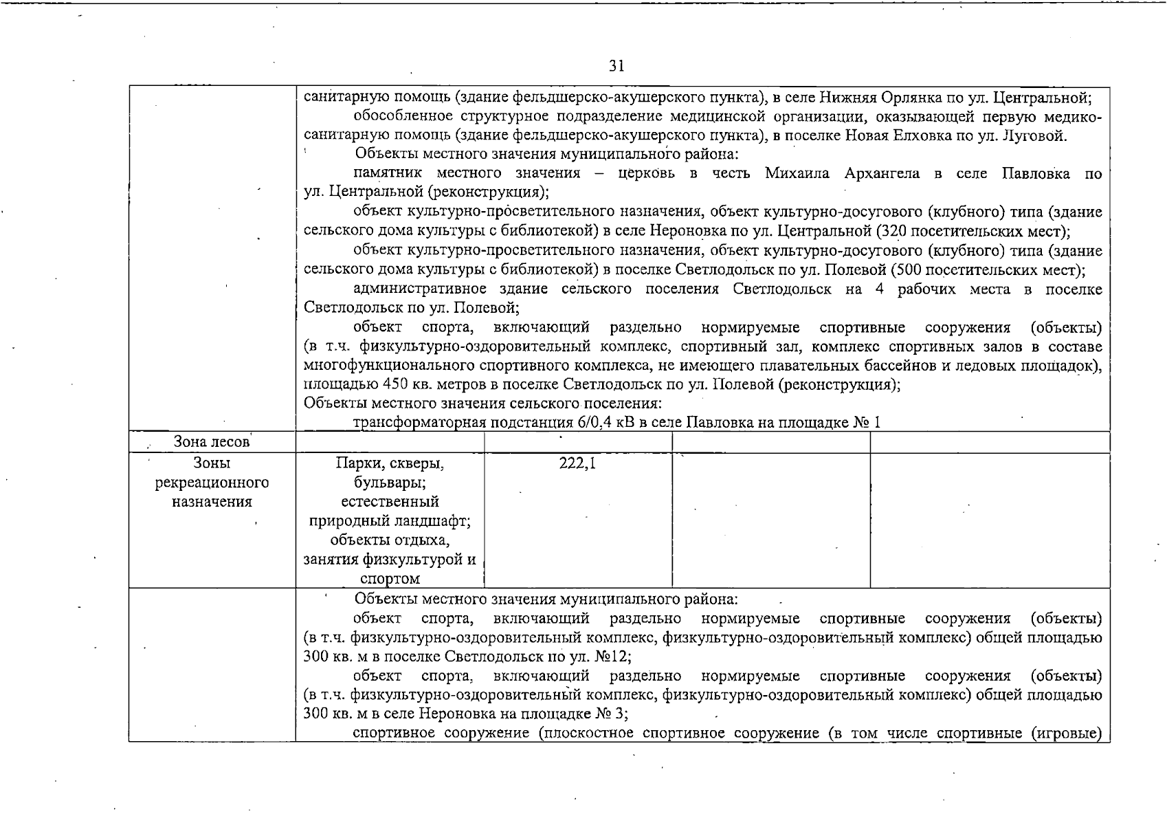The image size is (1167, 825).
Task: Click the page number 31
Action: (x=616, y=66)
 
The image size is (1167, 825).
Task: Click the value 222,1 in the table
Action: (x=577, y=464)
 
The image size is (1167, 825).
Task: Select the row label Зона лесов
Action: (x=212, y=442)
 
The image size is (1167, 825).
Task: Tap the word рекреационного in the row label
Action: (x=212, y=483)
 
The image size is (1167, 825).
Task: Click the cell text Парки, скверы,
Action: (x=390, y=463)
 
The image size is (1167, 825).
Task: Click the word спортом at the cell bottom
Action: (x=390, y=579)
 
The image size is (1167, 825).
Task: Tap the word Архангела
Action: (x=882, y=173)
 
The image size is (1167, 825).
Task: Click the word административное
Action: (x=420, y=289)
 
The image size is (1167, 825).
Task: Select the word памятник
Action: (x=388, y=173)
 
